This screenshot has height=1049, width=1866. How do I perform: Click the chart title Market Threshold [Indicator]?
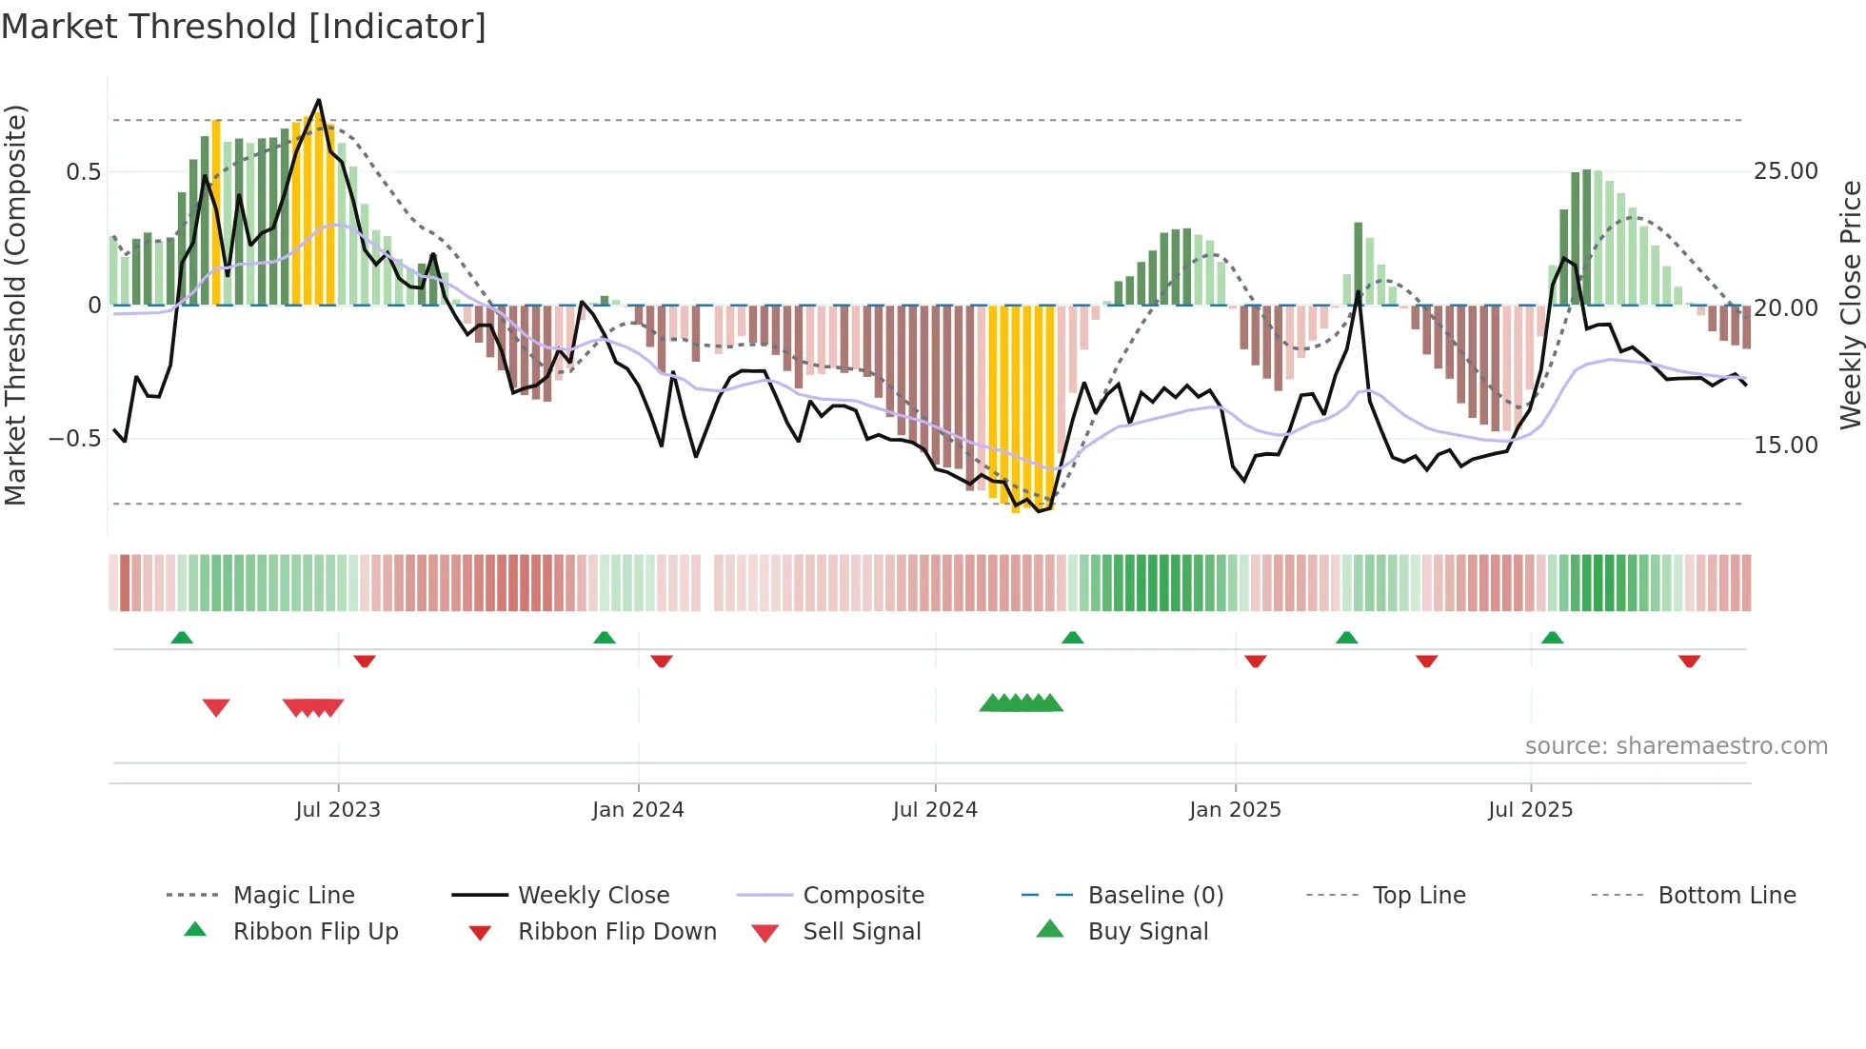point(244,27)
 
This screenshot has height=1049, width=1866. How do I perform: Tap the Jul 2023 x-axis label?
point(338,810)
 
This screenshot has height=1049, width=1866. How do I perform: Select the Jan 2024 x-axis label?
point(638,810)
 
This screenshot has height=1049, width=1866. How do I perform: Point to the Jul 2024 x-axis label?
point(935,810)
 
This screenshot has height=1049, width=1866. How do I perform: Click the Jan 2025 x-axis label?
point(1235,810)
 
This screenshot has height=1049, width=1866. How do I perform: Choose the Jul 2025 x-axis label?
point(1531,810)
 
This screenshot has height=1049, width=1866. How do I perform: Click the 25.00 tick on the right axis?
point(1785,171)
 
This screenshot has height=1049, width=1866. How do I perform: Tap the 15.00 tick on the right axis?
point(1785,445)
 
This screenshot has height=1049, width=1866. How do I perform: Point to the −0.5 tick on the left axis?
point(74,439)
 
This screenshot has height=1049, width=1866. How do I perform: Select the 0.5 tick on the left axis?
point(83,172)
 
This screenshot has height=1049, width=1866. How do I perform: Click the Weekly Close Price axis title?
point(1850,305)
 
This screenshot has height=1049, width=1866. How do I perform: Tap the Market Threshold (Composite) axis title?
point(15,305)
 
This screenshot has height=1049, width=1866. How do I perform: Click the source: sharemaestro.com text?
point(1676,746)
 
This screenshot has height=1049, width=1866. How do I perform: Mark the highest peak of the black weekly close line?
point(319,100)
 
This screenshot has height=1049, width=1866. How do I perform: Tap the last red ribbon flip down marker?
point(1690,661)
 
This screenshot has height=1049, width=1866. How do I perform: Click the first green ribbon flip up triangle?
point(182,638)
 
